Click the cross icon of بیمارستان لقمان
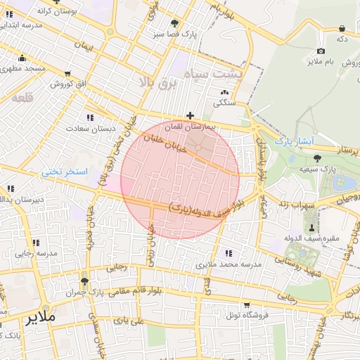point(190,115)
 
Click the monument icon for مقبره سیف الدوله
point(311,227)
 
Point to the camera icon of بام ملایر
point(321,51)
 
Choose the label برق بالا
point(160,84)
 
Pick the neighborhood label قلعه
point(22,98)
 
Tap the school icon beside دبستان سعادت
point(89,117)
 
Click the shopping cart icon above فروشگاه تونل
point(247,304)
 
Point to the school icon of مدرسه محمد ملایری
point(228,253)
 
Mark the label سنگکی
point(225,102)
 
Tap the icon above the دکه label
point(342,28)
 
